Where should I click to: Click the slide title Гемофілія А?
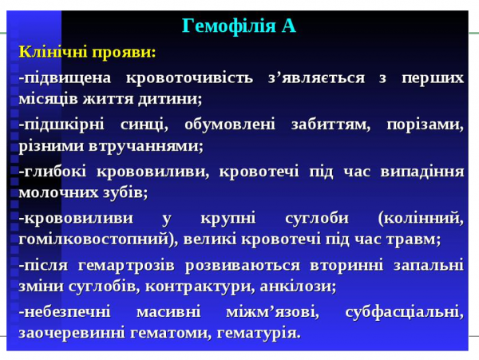[239, 26]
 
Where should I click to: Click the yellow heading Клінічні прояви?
[88, 52]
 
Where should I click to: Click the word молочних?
[53, 192]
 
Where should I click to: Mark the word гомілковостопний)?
[98, 239]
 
